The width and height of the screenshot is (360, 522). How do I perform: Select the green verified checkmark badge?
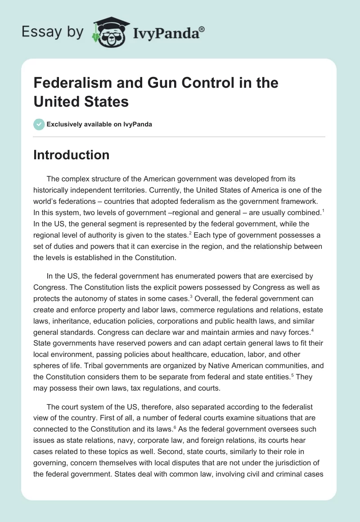point(39,124)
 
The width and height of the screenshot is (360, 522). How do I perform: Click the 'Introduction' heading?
point(72,155)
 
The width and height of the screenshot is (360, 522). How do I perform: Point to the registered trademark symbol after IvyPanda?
point(202,29)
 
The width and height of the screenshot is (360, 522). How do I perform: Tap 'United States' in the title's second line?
point(81,102)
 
